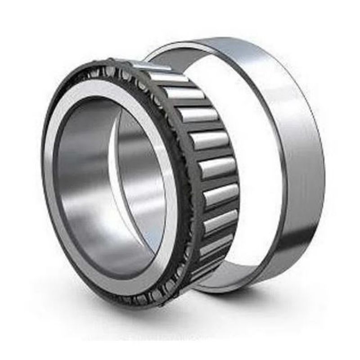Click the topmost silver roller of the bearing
(x=169, y=76)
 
